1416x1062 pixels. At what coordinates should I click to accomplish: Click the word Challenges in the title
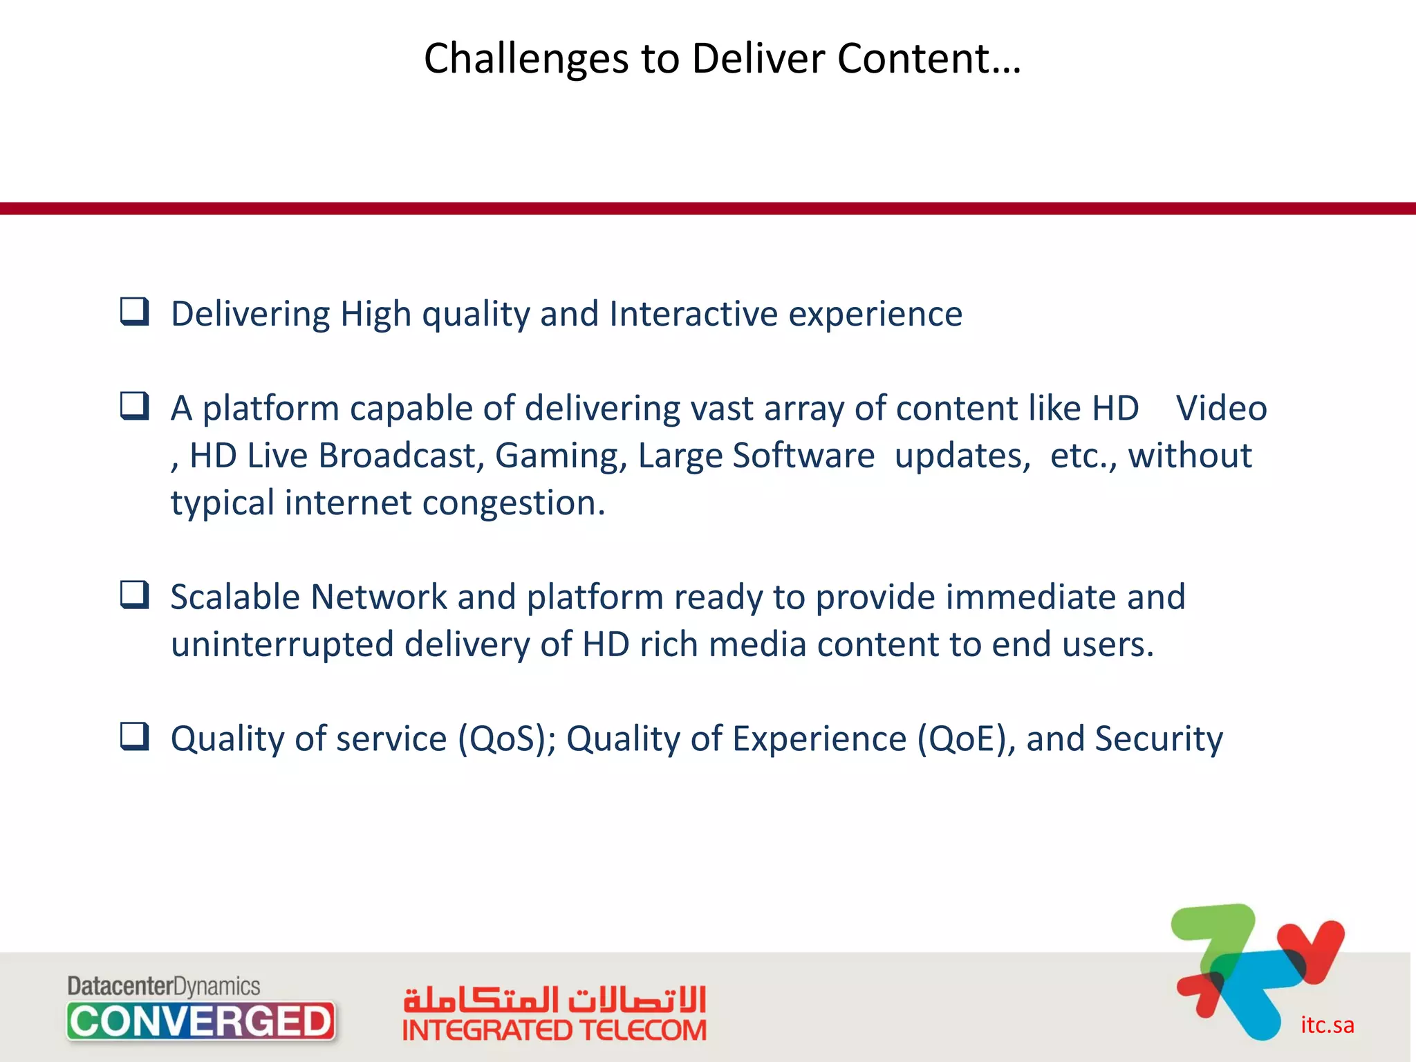[x=525, y=59]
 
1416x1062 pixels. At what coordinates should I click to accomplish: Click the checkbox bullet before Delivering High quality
[x=134, y=312]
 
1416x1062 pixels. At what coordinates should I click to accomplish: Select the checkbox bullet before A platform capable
[x=134, y=407]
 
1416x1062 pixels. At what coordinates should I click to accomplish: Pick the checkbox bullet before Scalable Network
[x=134, y=595]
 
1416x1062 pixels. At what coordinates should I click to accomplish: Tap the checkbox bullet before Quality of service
[x=134, y=737]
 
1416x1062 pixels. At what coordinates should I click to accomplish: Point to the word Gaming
[x=561, y=456]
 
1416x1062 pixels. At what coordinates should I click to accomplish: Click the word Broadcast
[x=401, y=456]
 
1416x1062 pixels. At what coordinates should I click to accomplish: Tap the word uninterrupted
[x=282, y=645]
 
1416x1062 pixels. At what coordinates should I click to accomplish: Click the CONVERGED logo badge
[x=201, y=1021]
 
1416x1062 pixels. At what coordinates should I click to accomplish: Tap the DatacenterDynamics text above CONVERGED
[x=164, y=986]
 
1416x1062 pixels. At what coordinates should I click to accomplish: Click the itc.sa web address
[x=1327, y=1025]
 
